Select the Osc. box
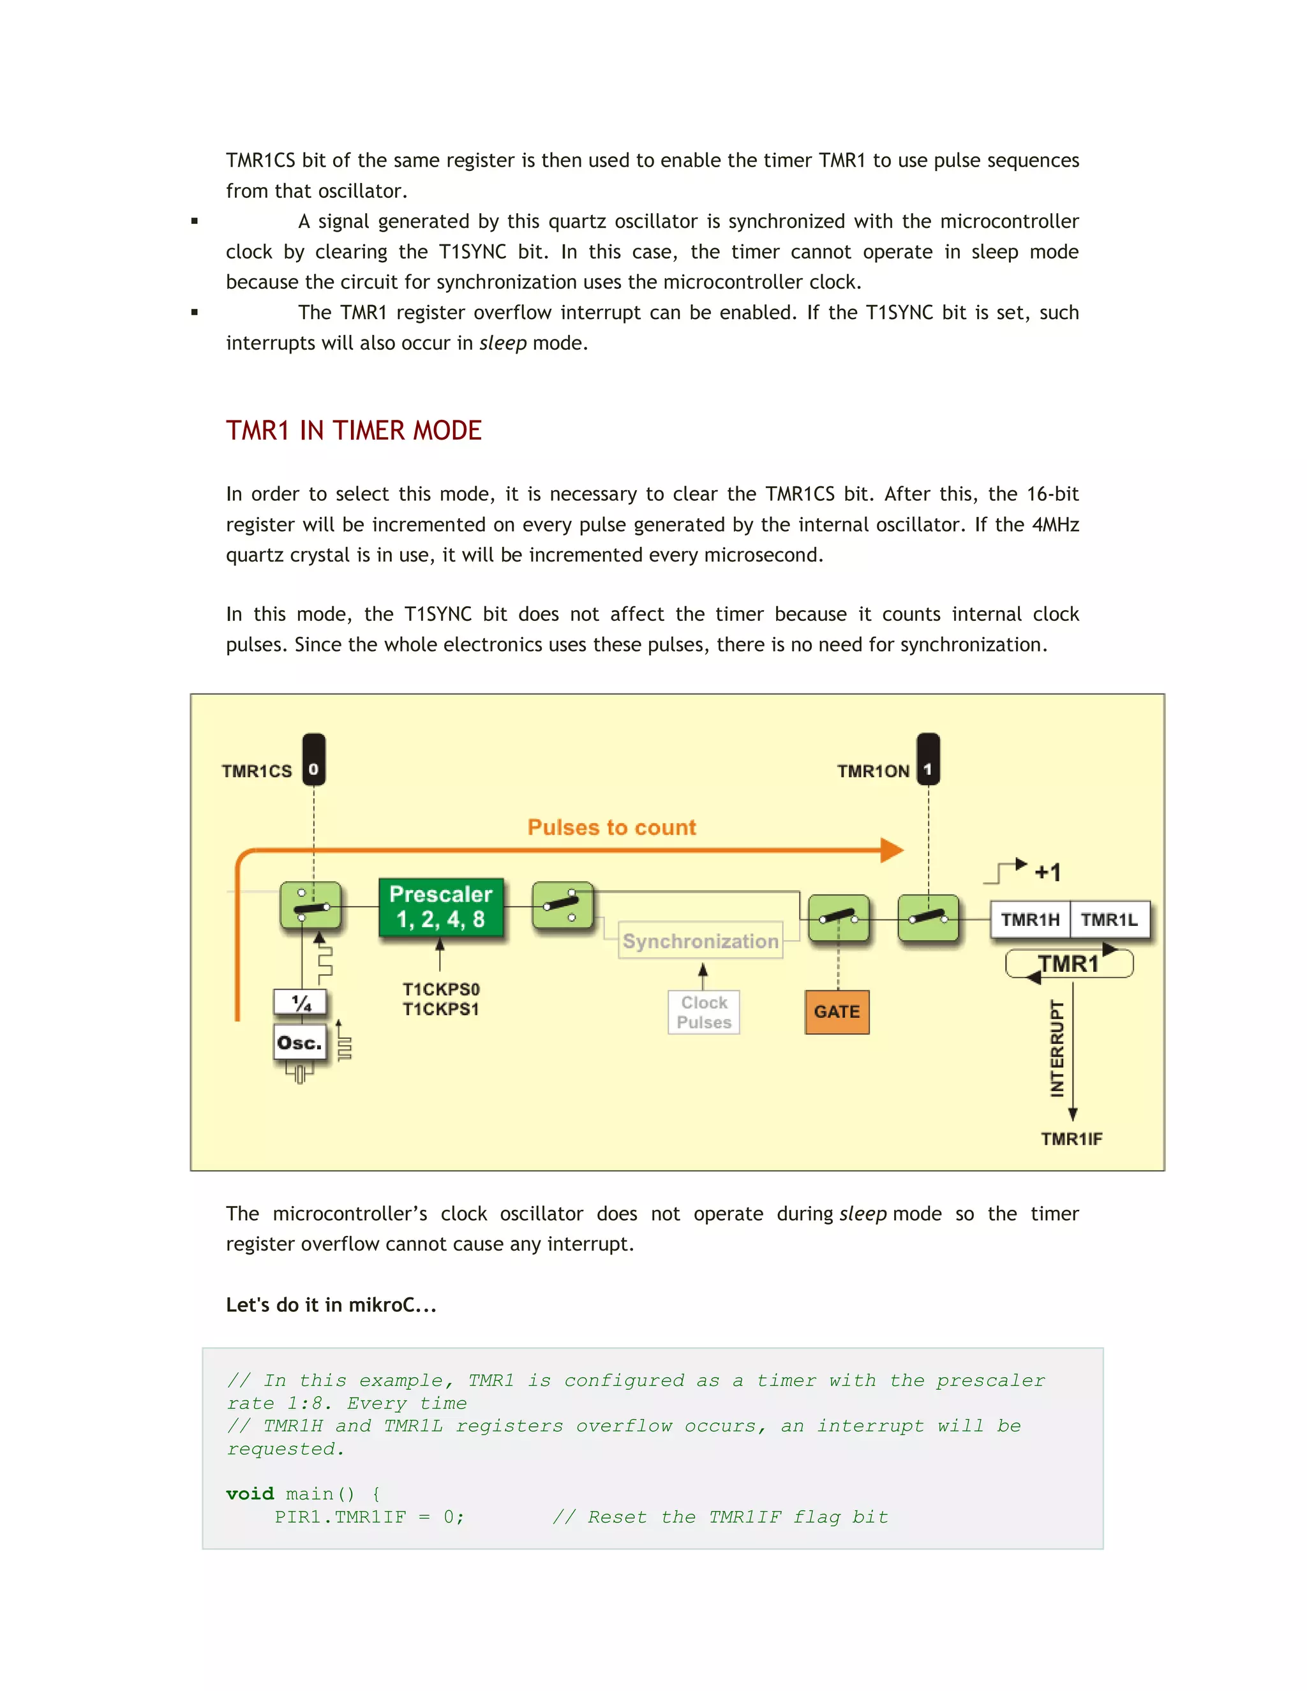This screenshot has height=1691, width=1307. [300, 1043]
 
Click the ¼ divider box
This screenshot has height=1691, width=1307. [301, 1002]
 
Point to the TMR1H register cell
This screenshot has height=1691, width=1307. [1030, 920]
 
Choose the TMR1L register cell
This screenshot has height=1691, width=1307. [1110, 920]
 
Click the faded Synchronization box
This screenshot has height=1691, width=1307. [700, 941]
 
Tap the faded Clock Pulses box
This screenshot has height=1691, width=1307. [704, 1012]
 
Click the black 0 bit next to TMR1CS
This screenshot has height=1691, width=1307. [313, 769]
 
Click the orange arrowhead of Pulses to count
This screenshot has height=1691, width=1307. [892, 850]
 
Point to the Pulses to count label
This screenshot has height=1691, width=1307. [611, 827]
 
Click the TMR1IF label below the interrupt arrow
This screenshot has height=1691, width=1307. [1071, 1138]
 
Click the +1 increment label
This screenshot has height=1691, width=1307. [1048, 872]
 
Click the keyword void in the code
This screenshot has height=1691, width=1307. [250, 1494]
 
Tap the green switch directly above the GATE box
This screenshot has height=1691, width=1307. [839, 918]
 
